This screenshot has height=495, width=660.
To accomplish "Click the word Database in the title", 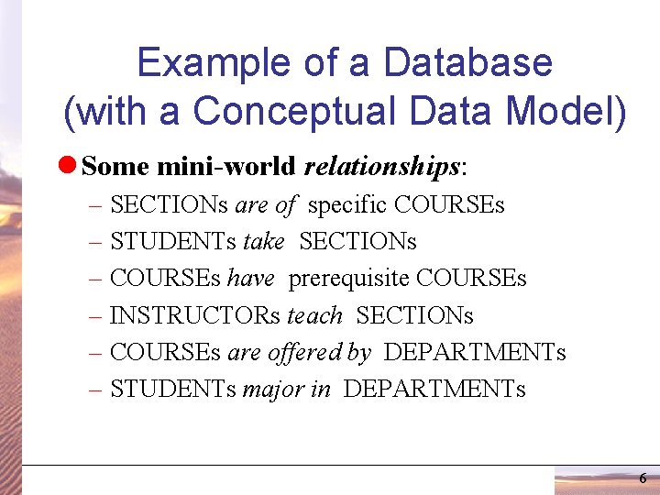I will coord(467,63).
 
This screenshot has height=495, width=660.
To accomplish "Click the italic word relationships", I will coord(381,167).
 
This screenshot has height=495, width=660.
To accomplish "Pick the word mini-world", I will coord(226,167).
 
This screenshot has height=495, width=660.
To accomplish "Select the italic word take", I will coord(264,241).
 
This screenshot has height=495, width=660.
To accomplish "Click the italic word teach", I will coord(314,315).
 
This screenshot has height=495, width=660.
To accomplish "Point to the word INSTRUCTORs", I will coord(195,315).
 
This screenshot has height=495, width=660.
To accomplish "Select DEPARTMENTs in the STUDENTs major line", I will coord(434,389).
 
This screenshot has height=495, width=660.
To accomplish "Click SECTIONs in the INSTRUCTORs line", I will coord(414,315).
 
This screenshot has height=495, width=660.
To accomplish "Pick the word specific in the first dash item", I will coord(347,204).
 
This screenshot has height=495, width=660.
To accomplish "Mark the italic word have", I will coord(250,278).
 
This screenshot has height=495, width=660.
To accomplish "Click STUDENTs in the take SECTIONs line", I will coord(173,241).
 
